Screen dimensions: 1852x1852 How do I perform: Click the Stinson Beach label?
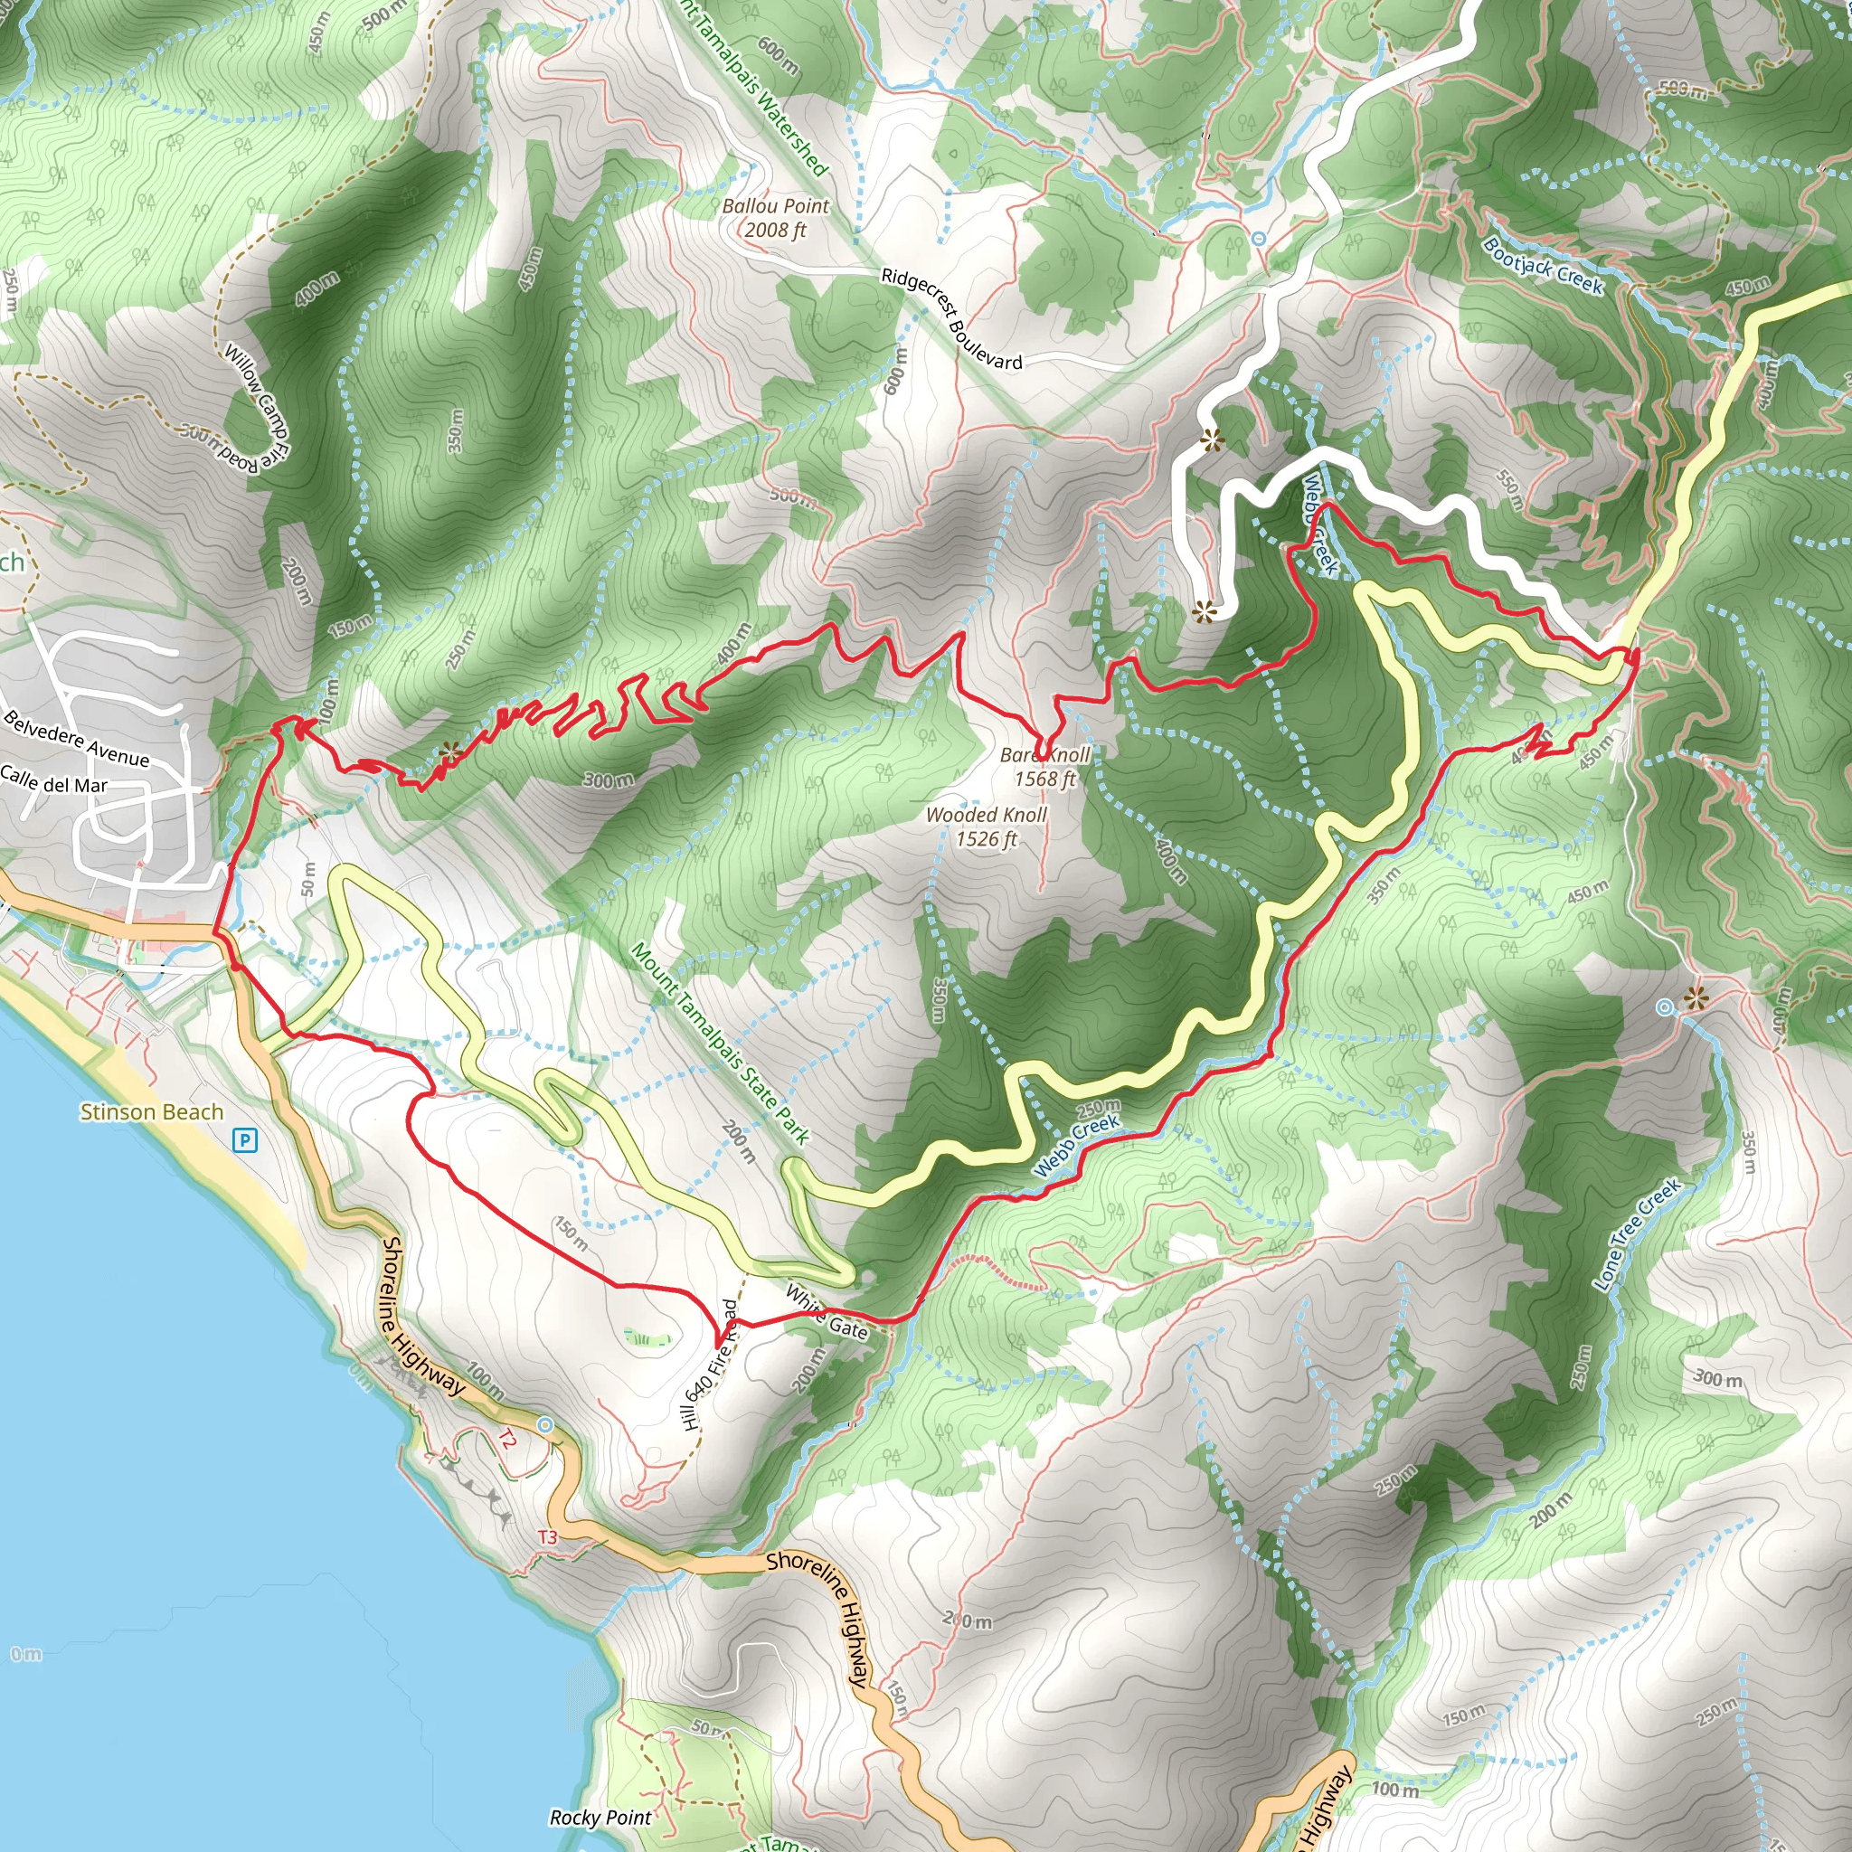[151, 1112]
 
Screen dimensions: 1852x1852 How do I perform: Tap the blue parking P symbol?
[245, 1139]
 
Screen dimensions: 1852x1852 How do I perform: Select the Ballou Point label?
[776, 218]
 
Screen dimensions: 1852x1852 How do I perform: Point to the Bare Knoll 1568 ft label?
[1044, 767]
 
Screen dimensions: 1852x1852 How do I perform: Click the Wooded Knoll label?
[987, 827]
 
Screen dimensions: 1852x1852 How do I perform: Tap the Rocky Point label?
[600, 1818]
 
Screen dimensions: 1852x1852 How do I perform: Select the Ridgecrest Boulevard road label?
[951, 318]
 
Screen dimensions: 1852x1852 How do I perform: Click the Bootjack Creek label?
[1543, 266]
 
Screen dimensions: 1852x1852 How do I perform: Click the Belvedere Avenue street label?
[77, 739]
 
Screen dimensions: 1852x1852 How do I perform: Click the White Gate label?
[827, 1312]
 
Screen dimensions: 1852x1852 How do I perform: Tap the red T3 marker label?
[546, 1537]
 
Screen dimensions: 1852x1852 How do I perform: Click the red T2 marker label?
[507, 1439]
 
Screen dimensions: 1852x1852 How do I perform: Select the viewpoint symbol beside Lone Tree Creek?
[1696, 999]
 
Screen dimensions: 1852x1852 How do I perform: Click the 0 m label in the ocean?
[26, 1654]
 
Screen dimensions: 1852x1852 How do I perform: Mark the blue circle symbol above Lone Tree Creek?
[1666, 1006]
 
